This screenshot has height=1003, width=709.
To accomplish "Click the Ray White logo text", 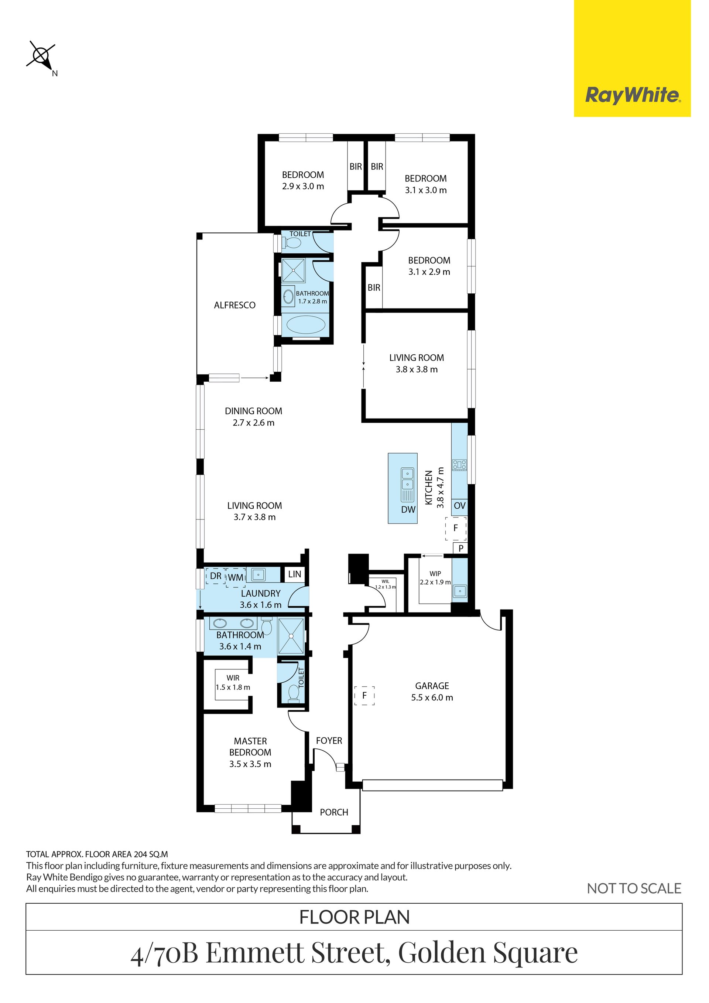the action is coord(632,95).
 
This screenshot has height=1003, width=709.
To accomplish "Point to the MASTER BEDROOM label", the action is coord(250,747).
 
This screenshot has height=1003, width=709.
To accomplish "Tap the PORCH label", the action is coord(334,812).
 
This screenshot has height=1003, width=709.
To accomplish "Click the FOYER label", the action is coord(329,740).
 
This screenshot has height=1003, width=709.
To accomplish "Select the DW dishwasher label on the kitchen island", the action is coord(408,509).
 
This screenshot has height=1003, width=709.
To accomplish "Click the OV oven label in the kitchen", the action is coord(460,505).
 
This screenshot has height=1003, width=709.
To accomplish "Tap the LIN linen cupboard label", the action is coord(295,574).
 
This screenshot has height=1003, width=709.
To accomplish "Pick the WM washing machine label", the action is coord(235,577).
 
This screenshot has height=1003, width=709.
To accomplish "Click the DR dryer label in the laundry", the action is coord(216,576).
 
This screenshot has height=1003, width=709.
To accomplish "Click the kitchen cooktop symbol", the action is coord(459,464).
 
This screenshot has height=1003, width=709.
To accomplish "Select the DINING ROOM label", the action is coord(253,411).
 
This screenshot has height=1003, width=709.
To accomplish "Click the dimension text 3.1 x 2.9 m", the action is coord(429,272).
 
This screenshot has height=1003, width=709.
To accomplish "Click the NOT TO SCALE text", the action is coord(634,888).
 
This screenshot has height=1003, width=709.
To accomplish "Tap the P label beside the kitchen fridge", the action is coord(460,548).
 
